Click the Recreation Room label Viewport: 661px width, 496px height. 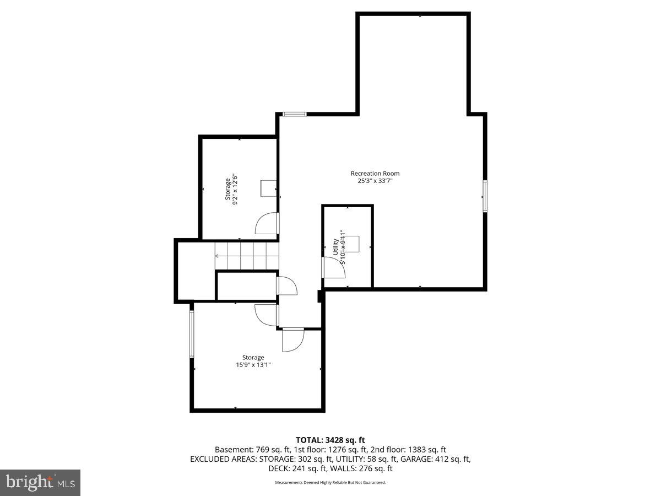point(375,174)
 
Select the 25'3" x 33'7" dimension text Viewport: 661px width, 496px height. point(375,181)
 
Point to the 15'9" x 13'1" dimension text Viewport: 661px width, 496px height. point(253,365)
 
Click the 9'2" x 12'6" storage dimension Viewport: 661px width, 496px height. point(235,190)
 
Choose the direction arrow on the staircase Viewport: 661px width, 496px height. point(218,256)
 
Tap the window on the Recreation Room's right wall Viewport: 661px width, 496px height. point(485,196)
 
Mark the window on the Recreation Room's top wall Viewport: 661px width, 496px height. point(294,114)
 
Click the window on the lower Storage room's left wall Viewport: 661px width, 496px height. point(192,334)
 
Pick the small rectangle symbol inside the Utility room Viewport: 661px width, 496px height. point(351,243)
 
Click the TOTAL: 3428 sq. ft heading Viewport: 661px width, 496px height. point(330,440)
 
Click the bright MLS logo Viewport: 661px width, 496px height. point(40,483)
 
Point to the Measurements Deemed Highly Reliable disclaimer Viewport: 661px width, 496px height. point(330,482)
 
